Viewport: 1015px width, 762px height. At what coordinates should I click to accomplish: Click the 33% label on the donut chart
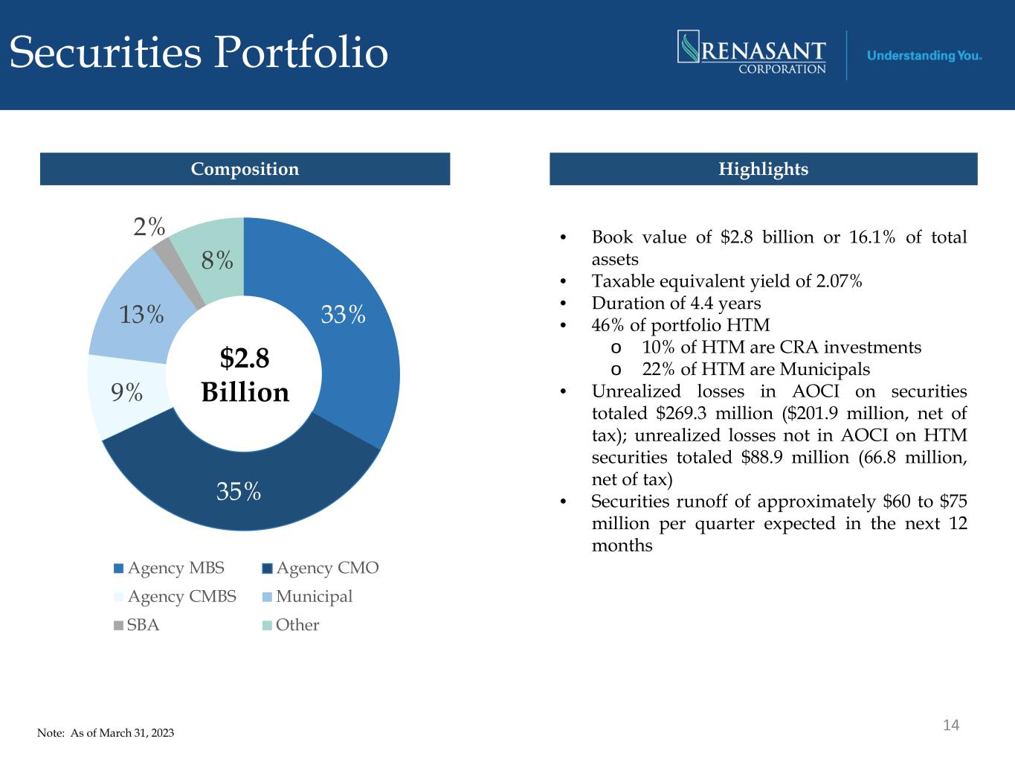343,316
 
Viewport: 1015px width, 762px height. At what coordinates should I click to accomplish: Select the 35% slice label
239,491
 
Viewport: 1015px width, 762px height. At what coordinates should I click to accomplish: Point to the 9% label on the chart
127,392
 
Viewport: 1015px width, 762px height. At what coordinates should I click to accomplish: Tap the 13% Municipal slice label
142,315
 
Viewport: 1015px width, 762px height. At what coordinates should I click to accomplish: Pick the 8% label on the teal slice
217,260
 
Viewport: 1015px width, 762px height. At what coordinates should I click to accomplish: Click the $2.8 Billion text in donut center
245,375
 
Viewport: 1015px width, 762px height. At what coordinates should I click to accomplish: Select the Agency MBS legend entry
169,569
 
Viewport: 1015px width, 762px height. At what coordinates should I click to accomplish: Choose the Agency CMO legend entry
320,569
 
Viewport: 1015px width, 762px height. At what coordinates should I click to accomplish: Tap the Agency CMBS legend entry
175,597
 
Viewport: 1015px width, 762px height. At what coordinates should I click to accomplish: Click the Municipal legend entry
307,597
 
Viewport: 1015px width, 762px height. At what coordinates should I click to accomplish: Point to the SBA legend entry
137,625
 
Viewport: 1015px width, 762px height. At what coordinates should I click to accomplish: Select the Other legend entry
291,625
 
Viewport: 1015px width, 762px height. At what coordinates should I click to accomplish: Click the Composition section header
245,169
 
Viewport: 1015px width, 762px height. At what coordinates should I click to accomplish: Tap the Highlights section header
763,169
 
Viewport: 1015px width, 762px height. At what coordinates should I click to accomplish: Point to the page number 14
951,725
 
